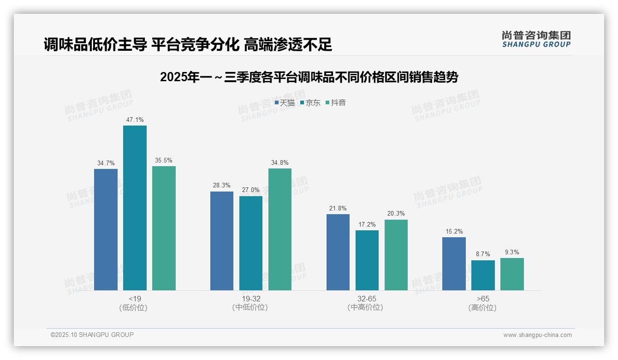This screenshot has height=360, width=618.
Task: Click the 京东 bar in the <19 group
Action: [x=135, y=208]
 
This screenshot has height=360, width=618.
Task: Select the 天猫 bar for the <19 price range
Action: [x=106, y=229]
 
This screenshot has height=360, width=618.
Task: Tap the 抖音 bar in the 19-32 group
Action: [x=280, y=229]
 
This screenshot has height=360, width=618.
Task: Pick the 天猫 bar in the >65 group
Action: [x=454, y=264]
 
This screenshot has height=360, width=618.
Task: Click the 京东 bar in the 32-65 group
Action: [x=367, y=260]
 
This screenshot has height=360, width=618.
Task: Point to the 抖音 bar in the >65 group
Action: [x=512, y=274]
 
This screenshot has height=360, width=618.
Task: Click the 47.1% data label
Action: [x=135, y=120]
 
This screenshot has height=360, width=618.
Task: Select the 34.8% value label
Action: [x=280, y=163]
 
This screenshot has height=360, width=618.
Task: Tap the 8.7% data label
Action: [x=483, y=254]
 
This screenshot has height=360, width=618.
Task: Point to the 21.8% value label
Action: [x=338, y=209]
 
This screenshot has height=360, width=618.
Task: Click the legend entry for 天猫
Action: [x=285, y=103]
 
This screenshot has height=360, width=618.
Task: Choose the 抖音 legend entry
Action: [x=336, y=103]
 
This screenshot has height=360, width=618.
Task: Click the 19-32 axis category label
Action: [x=250, y=299]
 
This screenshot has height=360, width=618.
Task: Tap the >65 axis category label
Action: [x=483, y=299]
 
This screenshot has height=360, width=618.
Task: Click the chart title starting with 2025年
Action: [x=309, y=77]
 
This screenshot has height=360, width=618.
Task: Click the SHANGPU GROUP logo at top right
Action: [x=536, y=39]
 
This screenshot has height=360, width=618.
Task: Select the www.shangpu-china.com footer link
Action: [x=537, y=335]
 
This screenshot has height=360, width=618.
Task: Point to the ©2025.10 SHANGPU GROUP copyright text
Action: [x=92, y=335]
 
